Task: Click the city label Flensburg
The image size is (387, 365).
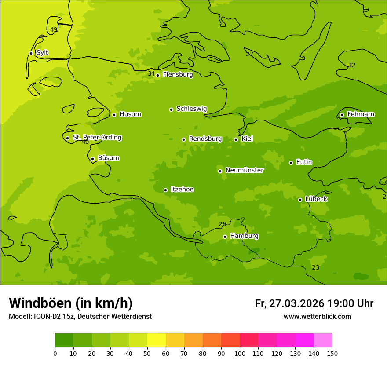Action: point(178,75)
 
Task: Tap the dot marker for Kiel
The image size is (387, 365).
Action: point(236,139)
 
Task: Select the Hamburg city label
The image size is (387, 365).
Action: point(244,236)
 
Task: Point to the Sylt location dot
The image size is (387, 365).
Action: point(31,53)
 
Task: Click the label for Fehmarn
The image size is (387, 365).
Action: point(361,114)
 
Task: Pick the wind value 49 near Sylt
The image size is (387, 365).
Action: point(54,30)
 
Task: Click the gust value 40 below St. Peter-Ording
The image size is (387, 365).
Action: point(85,142)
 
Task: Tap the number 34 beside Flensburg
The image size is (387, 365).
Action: point(151,74)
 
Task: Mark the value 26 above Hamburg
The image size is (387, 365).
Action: point(223,224)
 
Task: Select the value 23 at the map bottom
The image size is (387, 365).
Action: point(316,268)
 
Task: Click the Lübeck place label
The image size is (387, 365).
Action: point(316,199)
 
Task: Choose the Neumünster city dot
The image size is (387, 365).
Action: point(220,171)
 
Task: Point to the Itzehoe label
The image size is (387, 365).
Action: point(182,190)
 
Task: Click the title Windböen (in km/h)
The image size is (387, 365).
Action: point(71,303)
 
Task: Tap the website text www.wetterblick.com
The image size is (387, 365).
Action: point(317,317)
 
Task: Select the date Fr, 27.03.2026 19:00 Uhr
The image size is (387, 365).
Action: point(314,303)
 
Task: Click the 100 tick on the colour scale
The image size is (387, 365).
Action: point(240,353)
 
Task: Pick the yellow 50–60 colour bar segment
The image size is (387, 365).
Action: point(157,340)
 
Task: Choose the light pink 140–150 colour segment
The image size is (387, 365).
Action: point(323,340)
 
